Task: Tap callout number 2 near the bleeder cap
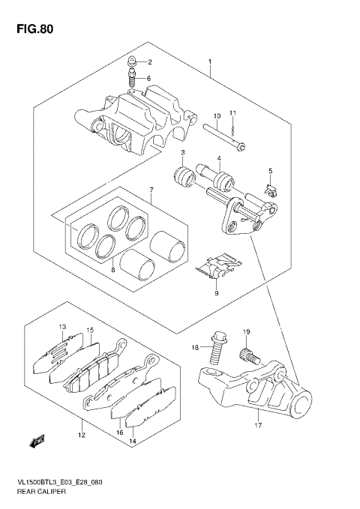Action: pyautogui.click(x=149, y=61)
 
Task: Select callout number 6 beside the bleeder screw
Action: pyautogui.click(x=149, y=79)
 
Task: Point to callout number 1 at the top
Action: pyautogui.click(x=210, y=61)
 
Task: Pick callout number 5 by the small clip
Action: pyautogui.click(x=271, y=172)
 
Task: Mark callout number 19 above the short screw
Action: pyautogui.click(x=245, y=331)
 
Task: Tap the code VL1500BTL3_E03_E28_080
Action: pyautogui.click(x=59, y=481)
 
